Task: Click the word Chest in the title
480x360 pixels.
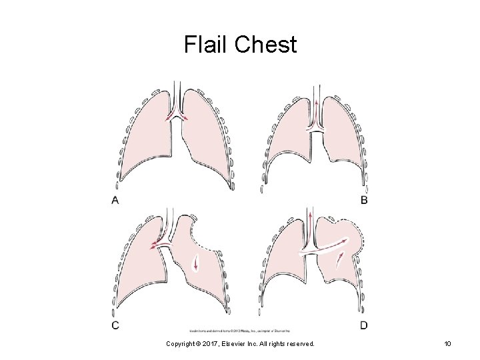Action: pyautogui.click(x=265, y=45)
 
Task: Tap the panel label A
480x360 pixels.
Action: pyautogui.click(x=115, y=200)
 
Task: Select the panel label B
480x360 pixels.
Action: pyautogui.click(x=363, y=200)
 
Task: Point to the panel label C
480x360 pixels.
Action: pyautogui.click(x=115, y=325)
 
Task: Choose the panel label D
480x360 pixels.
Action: pyautogui.click(x=363, y=325)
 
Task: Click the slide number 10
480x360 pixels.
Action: pyautogui.click(x=447, y=343)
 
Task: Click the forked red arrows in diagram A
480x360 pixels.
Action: pyautogui.click(x=177, y=116)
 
